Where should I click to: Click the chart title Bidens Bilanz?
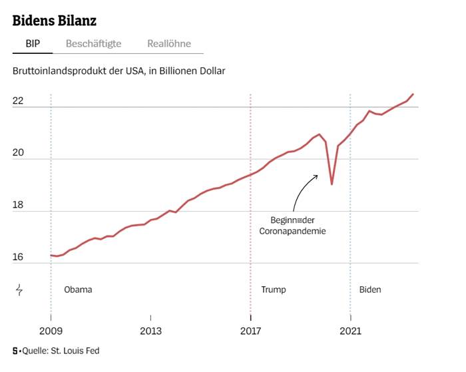55,20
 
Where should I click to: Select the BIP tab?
33,44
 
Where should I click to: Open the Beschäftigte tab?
93,44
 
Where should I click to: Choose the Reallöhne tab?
169,44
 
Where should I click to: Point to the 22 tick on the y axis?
18,101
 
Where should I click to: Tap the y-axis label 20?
18,153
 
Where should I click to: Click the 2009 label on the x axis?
51,331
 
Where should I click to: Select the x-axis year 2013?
150,331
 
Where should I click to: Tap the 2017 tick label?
250,331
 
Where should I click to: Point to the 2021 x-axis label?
350,331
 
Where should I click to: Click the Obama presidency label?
78,289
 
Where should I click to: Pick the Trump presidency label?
273,289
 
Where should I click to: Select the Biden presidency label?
370,289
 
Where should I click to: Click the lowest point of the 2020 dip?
332,184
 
